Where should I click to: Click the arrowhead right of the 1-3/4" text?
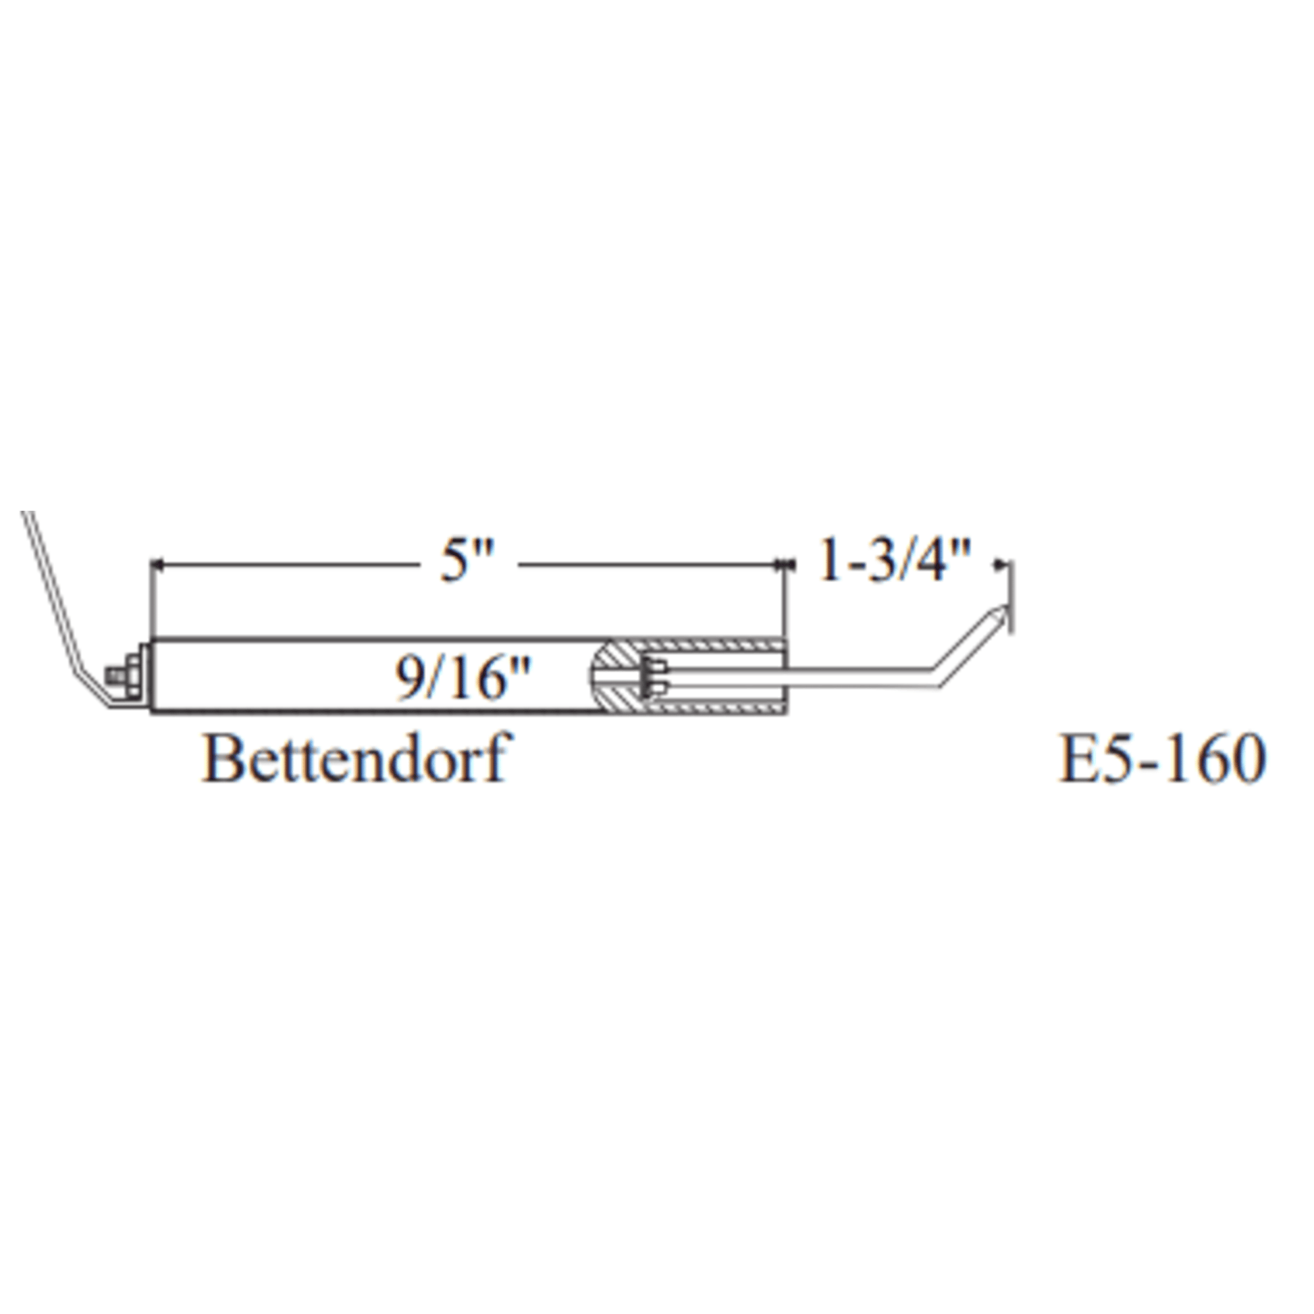point(1001,564)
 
